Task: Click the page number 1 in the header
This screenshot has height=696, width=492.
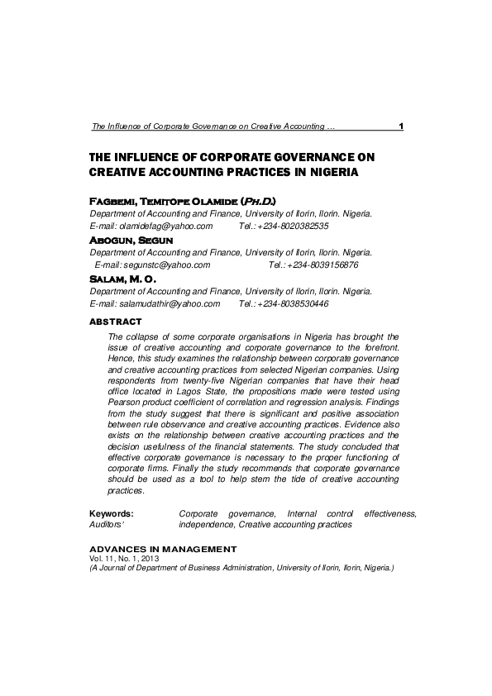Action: (400, 126)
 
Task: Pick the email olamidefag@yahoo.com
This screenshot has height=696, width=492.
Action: (166, 226)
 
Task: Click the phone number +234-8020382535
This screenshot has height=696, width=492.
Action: (294, 226)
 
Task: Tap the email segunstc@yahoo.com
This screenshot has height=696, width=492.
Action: (165, 265)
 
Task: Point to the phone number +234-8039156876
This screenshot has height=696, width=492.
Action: (322, 265)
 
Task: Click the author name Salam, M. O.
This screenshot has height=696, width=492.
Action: (122, 279)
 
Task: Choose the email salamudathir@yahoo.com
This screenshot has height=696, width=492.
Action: (170, 303)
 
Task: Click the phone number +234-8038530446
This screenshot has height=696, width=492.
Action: (294, 303)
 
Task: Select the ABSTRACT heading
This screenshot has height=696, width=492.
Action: (115, 321)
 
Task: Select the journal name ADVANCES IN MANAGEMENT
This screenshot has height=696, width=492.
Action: (163, 549)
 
